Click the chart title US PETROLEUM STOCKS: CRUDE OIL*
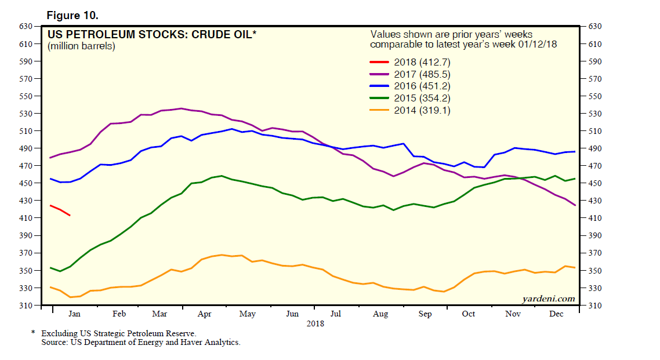tap(152, 35)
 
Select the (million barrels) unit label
tap(82, 46)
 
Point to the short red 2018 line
tap(60, 210)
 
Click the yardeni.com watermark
tap(548, 299)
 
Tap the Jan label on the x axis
tap(75, 314)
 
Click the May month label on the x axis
tap(248, 314)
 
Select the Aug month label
tap(380, 314)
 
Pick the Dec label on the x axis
tap(556, 314)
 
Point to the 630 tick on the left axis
tap(26, 27)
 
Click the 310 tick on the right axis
tap(597, 306)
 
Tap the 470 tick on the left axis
tap(26, 166)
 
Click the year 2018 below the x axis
tap(315, 324)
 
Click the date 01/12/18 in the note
tap(538, 45)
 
